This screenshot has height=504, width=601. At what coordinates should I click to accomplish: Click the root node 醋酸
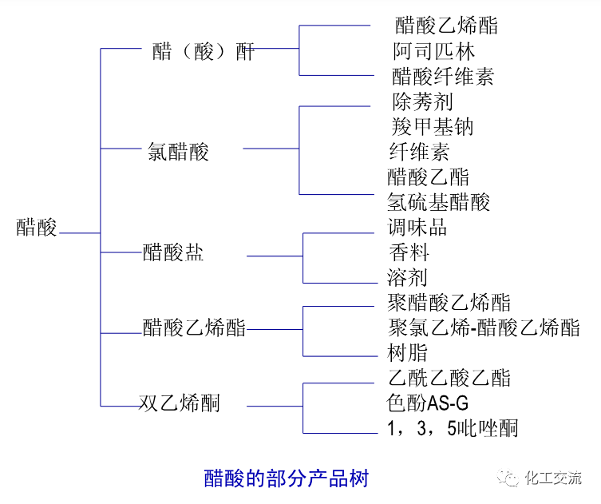click(x=37, y=228)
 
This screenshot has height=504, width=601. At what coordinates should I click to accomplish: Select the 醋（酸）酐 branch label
click(x=204, y=53)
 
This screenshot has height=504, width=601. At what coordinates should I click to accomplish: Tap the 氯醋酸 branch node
click(x=178, y=152)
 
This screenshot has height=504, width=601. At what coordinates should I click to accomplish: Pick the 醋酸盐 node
click(x=172, y=253)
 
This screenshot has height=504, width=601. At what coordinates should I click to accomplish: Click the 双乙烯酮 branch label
click(x=180, y=403)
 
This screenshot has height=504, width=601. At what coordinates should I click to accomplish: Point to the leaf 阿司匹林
click(x=433, y=51)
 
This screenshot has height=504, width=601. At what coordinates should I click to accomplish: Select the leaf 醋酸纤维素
click(x=443, y=77)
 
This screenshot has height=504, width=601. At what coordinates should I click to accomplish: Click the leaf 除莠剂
click(x=422, y=101)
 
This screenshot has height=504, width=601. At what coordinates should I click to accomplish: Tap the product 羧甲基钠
click(x=433, y=126)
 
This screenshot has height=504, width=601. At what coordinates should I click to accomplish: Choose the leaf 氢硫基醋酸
click(x=438, y=201)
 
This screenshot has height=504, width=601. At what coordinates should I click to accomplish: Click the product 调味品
click(x=417, y=227)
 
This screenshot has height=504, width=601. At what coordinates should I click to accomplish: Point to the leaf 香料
click(x=409, y=252)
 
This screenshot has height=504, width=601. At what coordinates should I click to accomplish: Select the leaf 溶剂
click(x=407, y=277)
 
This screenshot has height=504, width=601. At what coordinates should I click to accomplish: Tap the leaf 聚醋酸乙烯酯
click(x=449, y=302)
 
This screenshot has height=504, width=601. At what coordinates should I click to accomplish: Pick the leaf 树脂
click(x=407, y=352)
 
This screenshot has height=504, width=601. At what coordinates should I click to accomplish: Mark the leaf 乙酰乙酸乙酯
click(x=449, y=378)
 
